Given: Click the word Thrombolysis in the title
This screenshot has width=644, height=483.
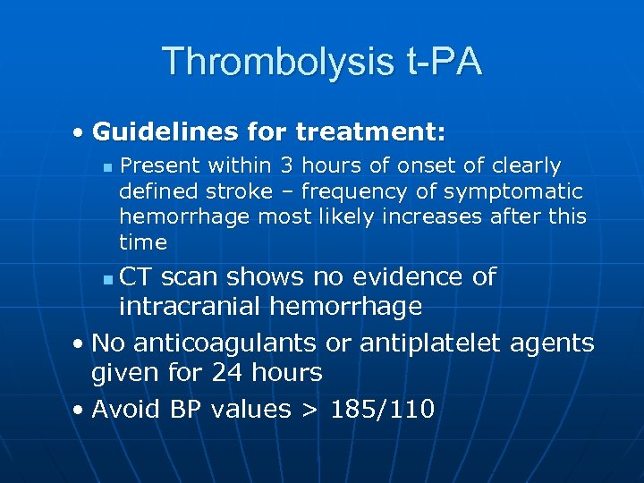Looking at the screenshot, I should click(x=274, y=62).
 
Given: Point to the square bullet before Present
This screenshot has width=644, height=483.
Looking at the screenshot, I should click(x=107, y=167).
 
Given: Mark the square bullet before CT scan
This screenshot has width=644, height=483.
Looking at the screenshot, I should click(x=107, y=280).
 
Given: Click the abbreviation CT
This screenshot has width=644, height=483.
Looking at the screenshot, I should click(x=136, y=277).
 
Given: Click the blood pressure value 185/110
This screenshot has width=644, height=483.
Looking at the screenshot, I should click(x=383, y=410).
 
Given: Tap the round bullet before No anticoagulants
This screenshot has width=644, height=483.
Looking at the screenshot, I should click(x=80, y=343).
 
